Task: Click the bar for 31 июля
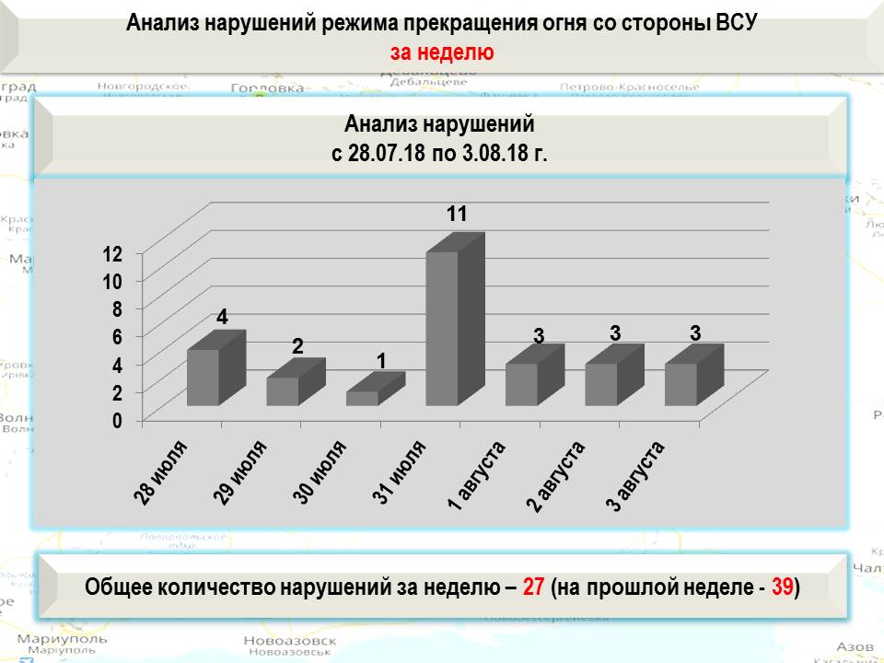click(442, 329)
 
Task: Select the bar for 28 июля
click(204, 378)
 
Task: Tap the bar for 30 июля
click(362, 398)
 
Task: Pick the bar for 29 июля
click(283, 391)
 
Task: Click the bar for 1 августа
click(521, 384)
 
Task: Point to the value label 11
click(457, 215)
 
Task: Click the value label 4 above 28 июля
click(223, 317)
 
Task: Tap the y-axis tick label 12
click(112, 253)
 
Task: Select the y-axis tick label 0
click(117, 421)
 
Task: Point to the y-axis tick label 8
click(117, 309)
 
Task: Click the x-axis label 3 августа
click(635, 476)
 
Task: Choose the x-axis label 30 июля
click(320, 473)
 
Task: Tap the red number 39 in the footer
click(783, 587)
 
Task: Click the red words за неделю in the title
click(441, 52)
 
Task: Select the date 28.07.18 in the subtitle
click(386, 153)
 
